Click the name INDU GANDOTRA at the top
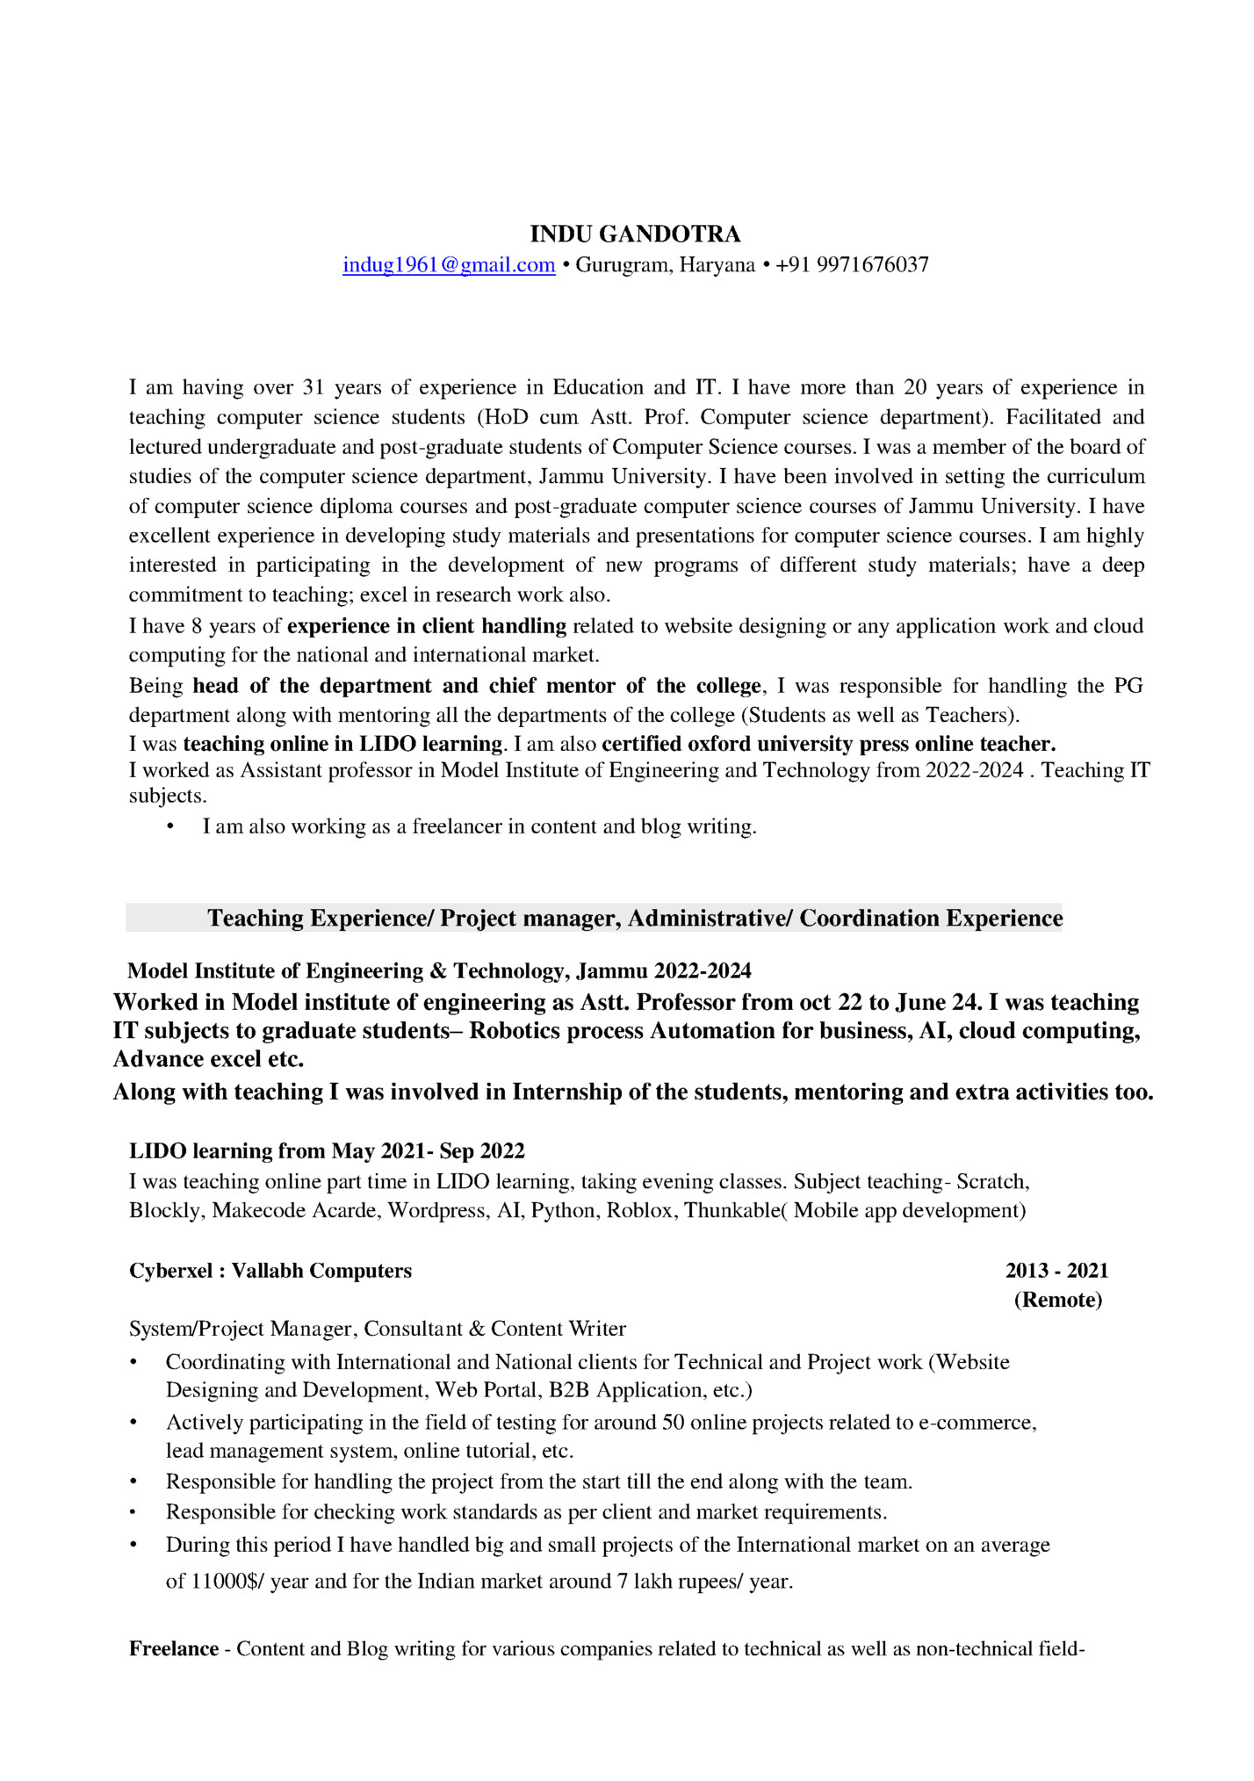pos(635,234)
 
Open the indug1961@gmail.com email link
pos(449,265)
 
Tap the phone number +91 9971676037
pos(852,265)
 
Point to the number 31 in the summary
pos(313,387)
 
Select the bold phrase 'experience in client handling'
pos(427,626)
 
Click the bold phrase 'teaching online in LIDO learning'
pos(342,744)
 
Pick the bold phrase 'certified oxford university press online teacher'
pos(828,744)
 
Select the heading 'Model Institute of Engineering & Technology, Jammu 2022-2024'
pos(439,970)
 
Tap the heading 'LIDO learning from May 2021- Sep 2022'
pos(327,1150)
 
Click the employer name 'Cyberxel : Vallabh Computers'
pos(270,1271)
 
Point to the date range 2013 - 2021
pos(1056,1271)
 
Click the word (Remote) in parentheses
pos(1057,1300)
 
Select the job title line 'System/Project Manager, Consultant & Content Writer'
pos(378,1329)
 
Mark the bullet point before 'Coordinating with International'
pos(133,1363)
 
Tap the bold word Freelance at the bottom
pos(174,1648)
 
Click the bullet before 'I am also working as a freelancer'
pos(170,827)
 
